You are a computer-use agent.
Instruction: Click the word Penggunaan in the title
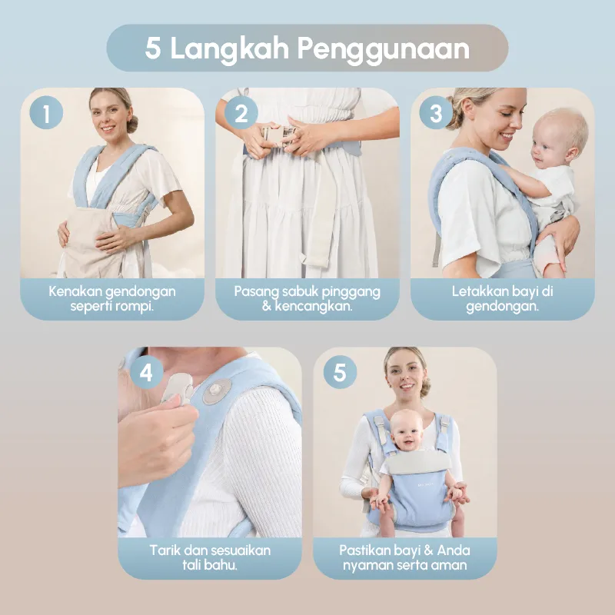383,49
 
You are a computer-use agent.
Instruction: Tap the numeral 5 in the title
153,48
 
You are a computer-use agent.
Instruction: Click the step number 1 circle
46,112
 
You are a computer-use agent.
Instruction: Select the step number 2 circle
241,112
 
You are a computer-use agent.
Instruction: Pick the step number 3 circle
436,112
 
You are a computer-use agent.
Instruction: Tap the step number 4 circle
146,372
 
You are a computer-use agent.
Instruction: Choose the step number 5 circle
340,372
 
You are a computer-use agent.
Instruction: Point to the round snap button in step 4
217,391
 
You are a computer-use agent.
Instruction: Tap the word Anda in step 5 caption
454,550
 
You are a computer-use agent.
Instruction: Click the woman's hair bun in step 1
131,123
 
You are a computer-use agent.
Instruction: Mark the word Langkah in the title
230,48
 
